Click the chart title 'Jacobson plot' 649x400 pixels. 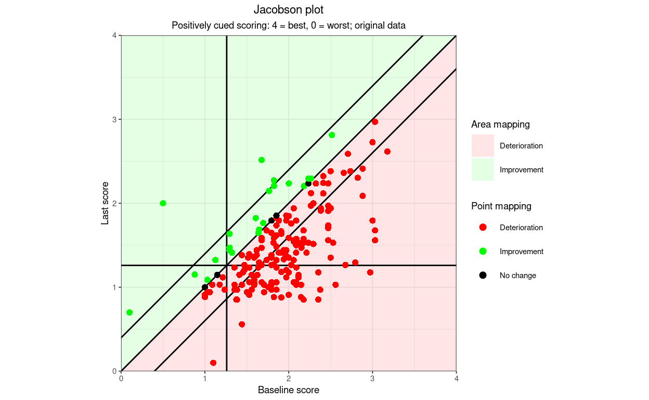point(288,10)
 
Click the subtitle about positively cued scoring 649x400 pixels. point(288,26)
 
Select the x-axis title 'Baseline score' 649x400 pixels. point(288,390)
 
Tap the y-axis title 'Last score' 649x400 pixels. point(105,203)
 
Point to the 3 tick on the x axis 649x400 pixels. point(372,379)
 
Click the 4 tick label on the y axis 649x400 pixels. point(115,35)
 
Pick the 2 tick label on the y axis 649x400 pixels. point(115,203)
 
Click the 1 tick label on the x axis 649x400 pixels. point(205,379)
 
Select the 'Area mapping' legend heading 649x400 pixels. point(500,124)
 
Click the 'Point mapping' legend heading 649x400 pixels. point(501,206)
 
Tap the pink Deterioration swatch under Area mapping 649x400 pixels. point(483,146)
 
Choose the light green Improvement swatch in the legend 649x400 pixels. point(483,170)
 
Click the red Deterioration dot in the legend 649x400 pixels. point(483,228)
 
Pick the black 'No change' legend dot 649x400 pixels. point(483,275)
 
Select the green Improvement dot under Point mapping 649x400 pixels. point(483,252)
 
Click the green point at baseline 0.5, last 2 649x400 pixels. point(163,203)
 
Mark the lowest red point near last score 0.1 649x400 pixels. point(213,363)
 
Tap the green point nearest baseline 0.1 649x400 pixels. point(129,312)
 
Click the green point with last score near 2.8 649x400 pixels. point(332,135)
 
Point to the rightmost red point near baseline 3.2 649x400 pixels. point(387,152)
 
